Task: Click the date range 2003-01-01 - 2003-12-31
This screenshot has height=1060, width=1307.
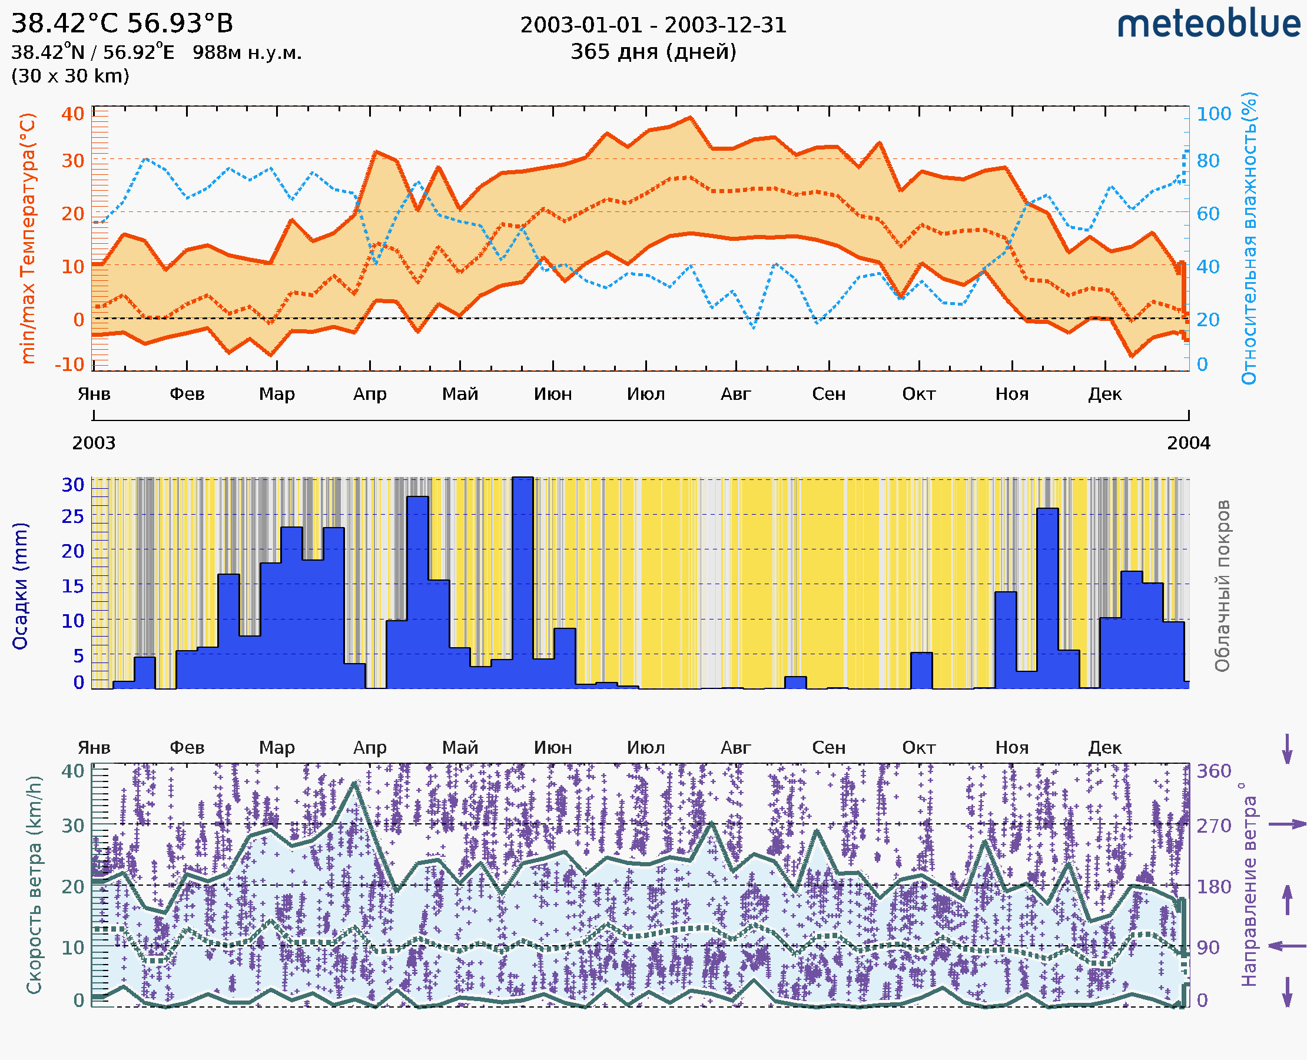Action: click(x=653, y=25)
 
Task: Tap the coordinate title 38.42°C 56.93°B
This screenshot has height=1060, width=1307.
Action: click(x=122, y=24)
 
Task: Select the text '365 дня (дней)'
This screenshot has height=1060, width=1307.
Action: click(x=653, y=52)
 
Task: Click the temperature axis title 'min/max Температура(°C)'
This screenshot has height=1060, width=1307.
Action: click(x=28, y=238)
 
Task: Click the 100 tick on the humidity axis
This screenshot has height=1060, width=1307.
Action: click(x=1213, y=114)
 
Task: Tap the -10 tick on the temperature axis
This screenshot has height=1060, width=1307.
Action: click(x=69, y=365)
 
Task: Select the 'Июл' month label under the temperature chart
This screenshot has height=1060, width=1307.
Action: click(x=645, y=395)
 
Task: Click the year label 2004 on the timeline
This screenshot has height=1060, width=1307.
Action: click(x=1188, y=443)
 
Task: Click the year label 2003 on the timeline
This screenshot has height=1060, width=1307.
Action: click(x=94, y=443)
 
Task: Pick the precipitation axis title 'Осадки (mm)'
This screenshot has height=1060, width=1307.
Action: click(x=20, y=586)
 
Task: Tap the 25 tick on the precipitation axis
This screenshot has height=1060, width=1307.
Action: click(x=72, y=516)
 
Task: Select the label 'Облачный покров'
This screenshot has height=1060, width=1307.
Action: click(x=1222, y=586)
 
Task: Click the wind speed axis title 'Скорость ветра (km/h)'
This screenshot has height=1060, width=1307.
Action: click(x=34, y=885)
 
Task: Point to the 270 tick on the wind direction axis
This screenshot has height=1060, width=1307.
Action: click(x=1213, y=826)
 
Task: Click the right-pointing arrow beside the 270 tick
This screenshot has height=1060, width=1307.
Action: click(x=1287, y=824)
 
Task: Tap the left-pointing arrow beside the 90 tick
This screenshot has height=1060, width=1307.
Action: click(x=1287, y=946)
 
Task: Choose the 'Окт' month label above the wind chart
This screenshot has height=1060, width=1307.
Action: click(x=919, y=748)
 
